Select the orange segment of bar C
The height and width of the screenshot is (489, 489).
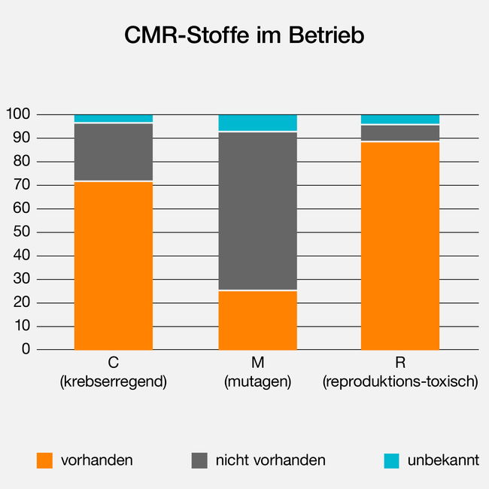pyautogui.click(x=114, y=266)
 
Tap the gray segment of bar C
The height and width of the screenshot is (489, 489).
pyautogui.click(x=114, y=152)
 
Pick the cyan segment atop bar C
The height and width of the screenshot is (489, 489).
pyautogui.click(x=114, y=118)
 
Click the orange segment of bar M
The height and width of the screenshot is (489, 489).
pyautogui.click(x=257, y=320)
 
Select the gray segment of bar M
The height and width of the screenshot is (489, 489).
pyautogui.click(x=257, y=211)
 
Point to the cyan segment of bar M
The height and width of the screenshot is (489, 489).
pyautogui.click(x=257, y=123)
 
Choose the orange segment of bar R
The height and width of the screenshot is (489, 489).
pyautogui.click(x=400, y=246)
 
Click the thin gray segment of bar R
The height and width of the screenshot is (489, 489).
pyautogui.click(x=400, y=133)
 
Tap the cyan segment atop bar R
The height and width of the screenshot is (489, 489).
pyautogui.click(x=400, y=119)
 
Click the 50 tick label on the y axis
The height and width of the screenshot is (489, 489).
pyautogui.click(x=22, y=232)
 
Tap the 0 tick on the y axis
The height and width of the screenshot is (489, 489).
pyautogui.click(x=26, y=350)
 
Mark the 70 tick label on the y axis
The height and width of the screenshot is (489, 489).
pyautogui.click(x=22, y=185)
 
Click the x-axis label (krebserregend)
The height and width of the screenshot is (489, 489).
pyautogui.click(x=114, y=382)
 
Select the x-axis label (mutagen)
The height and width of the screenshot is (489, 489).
pyautogui.click(x=257, y=382)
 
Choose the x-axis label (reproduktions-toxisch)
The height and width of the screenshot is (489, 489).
pyautogui.click(x=400, y=382)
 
